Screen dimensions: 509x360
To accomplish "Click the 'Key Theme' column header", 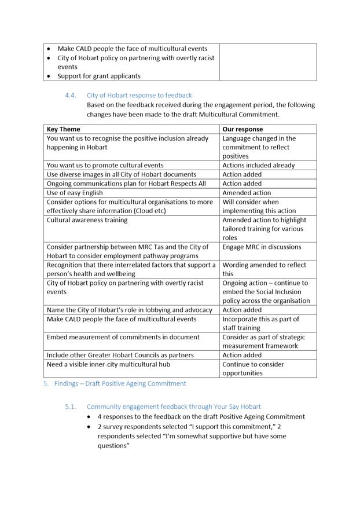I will pyautogui.click(x=64, y=129).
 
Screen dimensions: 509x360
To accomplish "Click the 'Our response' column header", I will pyautogui.click(x=243, y=129).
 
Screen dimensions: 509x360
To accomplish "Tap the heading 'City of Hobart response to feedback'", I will pyautogui.click(x=139, y=95).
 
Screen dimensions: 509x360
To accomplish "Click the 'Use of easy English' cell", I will pyautogui.click(x=75, y=193).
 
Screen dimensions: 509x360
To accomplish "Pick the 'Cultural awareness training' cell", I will pyautogui.click(x=87, y=220).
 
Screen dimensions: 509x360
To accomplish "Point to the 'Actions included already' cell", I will pyautogui.click(x=259, y=165).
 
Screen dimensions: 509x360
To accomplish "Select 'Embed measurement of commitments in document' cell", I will pyautogui.click(x=123, y=337).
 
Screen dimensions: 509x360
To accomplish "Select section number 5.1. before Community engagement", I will pyautogui.click(x=71, y=407).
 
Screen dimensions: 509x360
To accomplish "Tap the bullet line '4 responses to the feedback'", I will pyautogui.click(x=201, y=416).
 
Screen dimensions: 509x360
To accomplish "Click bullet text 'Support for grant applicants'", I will pyautogui.click(x=99, y=76).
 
